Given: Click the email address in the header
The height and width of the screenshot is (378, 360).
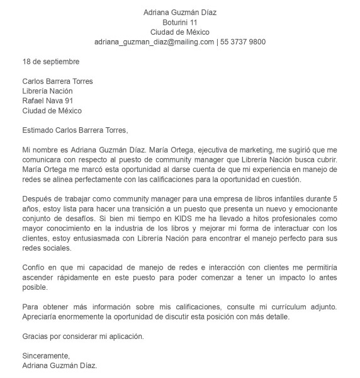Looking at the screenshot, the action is coord(154,42).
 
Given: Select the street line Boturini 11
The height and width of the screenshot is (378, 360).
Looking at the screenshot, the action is coord(180,22).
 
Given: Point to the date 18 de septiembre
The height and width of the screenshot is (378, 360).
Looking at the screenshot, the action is coord(51,62).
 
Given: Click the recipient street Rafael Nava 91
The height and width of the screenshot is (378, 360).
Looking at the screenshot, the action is coord(48,101).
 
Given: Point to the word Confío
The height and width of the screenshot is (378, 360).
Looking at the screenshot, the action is coord(35,267).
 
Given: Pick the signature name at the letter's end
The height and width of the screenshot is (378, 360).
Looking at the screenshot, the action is coord(60,365).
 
